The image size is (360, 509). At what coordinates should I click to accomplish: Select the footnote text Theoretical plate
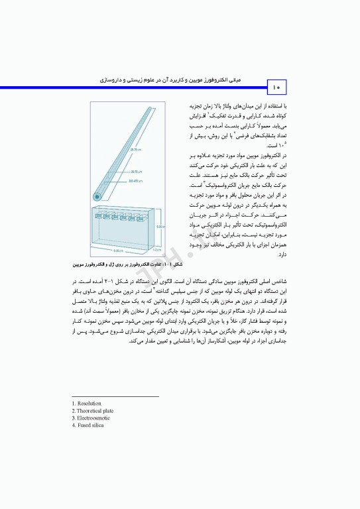(x=95, y=411)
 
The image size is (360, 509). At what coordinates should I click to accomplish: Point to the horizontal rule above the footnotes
(x=115, y=396)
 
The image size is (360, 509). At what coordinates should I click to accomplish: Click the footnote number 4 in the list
(x=73, y=425)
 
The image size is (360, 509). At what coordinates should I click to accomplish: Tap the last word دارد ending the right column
(x=206, y=254)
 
